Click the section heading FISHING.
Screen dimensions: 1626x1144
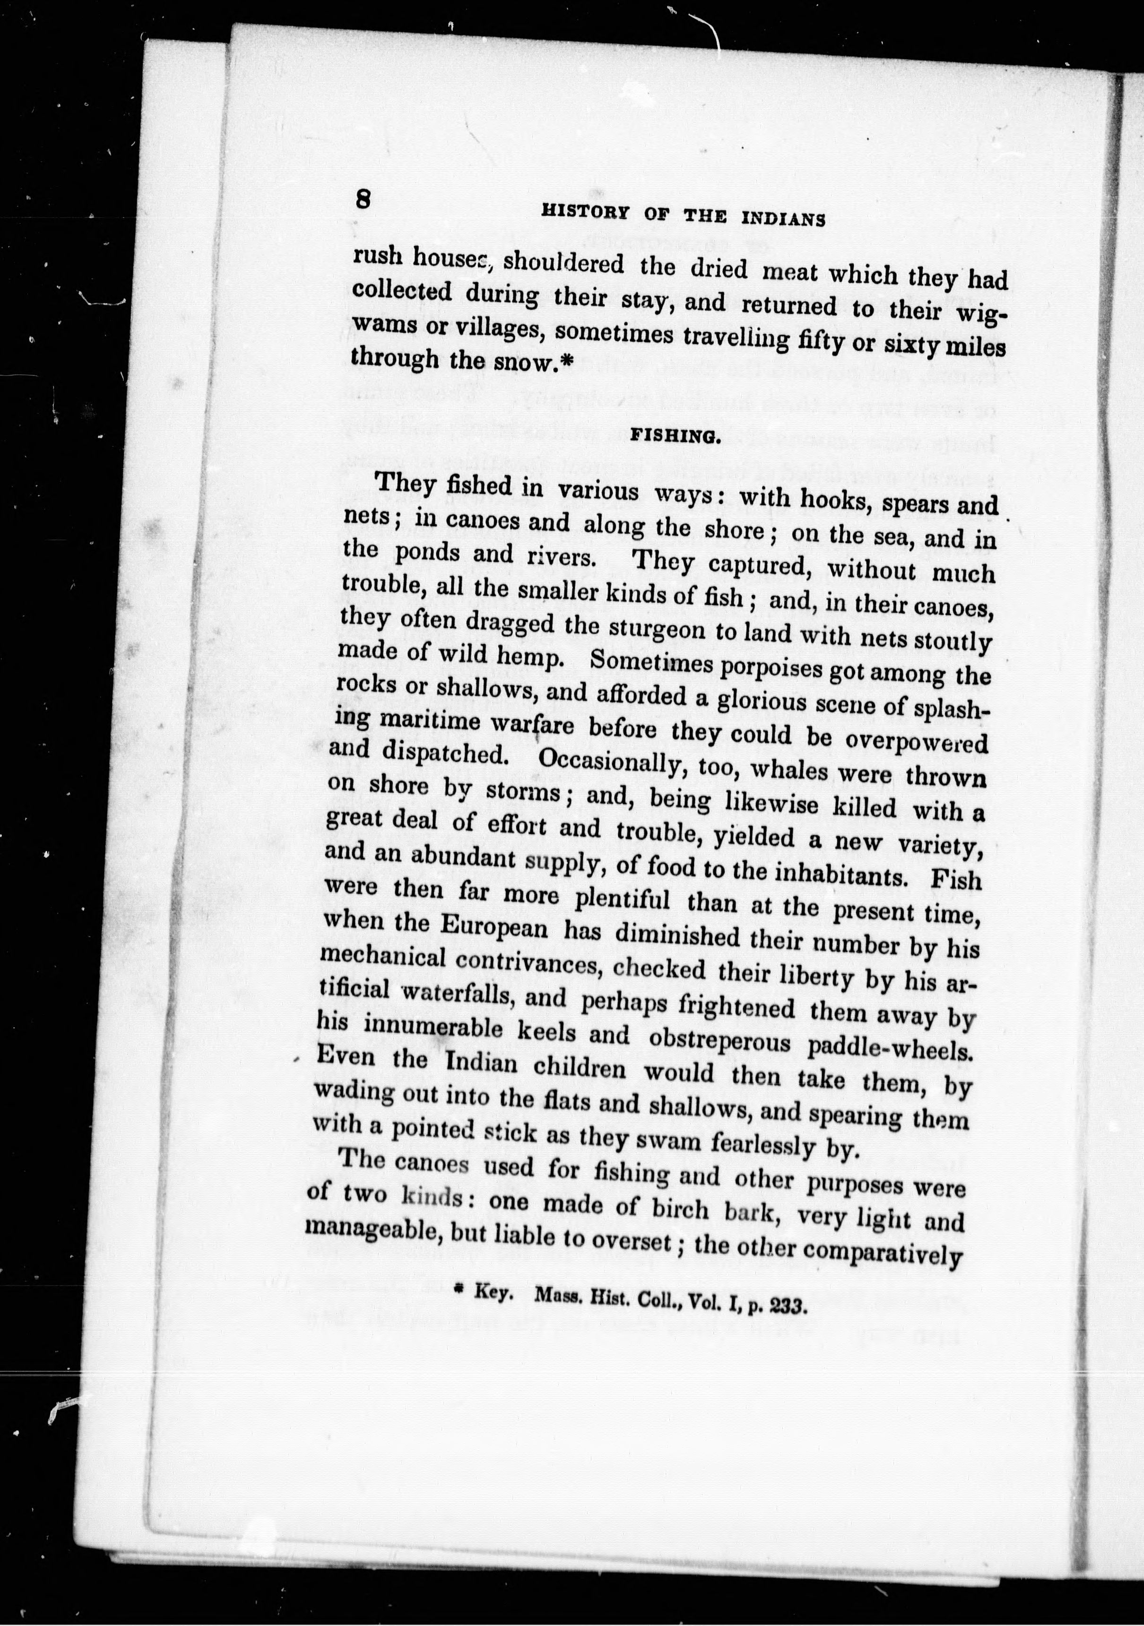pyautogui.click(x=675, y=437)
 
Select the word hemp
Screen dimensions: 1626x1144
pyautogui.click(x=530, y=658)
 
